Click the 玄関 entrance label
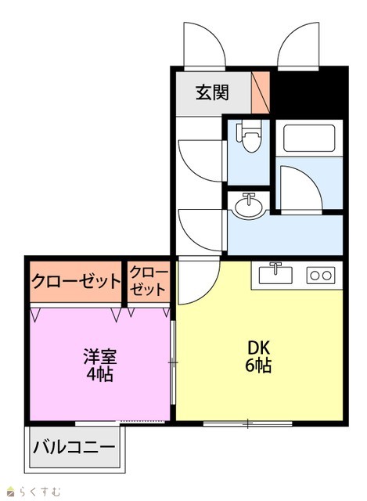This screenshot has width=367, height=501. [212, 92]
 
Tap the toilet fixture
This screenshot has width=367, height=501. [249, 135]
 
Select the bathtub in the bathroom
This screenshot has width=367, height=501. [309, 138]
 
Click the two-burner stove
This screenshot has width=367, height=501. [321, 275]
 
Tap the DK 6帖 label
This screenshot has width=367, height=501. [258, 357]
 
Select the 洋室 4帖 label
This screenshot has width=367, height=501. [100, 366]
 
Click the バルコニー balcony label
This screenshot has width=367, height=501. [74, 448]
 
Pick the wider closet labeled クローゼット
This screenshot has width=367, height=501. [76, 282]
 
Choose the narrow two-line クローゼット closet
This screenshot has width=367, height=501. [149, 282]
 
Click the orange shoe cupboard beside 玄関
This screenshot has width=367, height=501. [261, 92]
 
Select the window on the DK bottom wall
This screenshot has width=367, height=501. [247, 424]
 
